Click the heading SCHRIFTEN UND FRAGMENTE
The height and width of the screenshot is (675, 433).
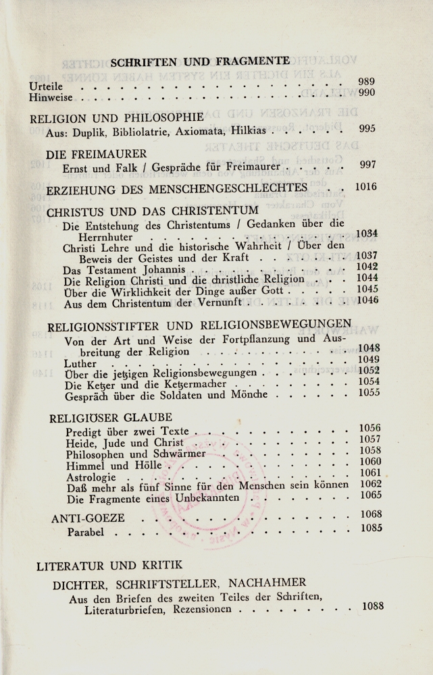pos(200,61)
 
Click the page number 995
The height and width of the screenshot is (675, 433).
pos(367,130)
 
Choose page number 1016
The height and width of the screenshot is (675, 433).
pos(365,186)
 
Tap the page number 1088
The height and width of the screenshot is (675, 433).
pos(373,605)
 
